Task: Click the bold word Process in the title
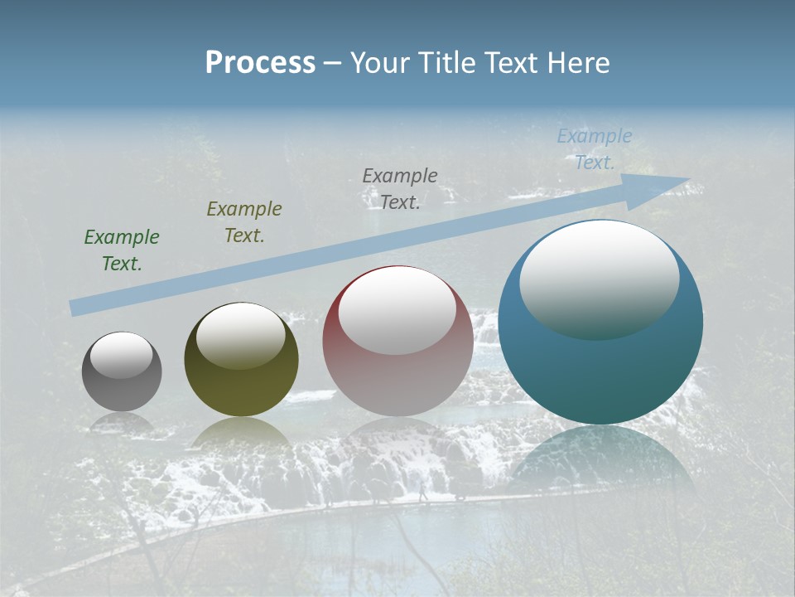coord(260,63)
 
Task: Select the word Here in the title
coord(577,63)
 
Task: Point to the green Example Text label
coord(122,250)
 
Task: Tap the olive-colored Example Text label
coord(244,221)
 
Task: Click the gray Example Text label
coord(400,188)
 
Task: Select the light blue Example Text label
coord(595,149)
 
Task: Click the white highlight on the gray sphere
coord(122,355)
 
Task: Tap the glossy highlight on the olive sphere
coord(241,336)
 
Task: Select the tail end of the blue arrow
coord(76,308)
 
